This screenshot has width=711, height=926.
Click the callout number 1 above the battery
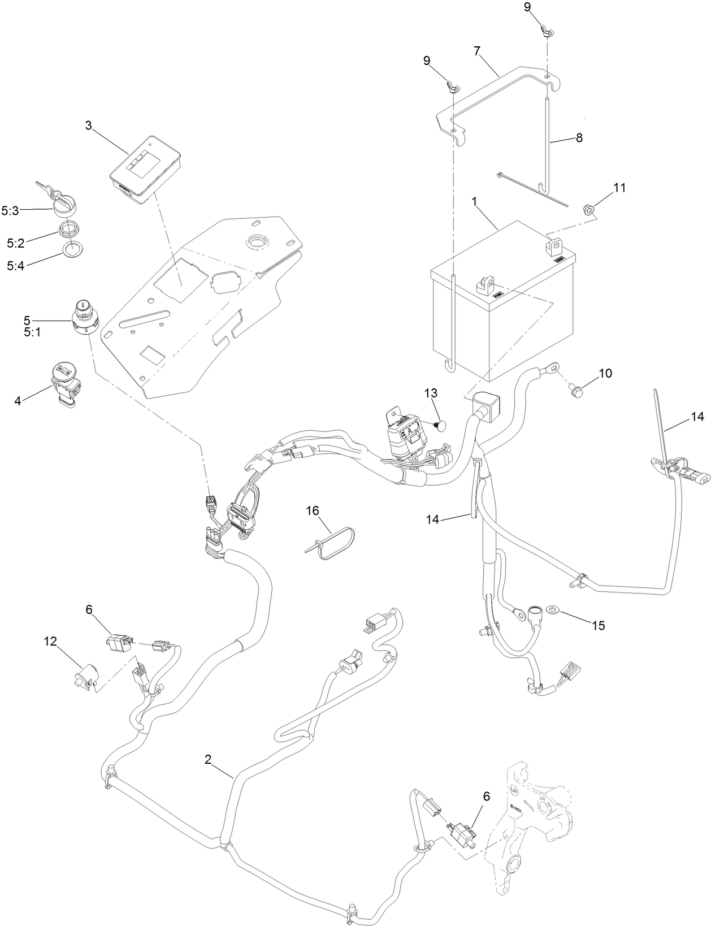pos(475,202)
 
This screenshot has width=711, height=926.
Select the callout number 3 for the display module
pos(89,126)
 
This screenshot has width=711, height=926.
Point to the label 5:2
pos(16,243)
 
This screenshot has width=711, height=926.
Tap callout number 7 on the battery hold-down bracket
pos(478,51)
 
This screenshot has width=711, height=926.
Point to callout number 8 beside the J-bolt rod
pos(579,137)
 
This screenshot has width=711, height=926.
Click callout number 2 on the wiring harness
pos(208,760)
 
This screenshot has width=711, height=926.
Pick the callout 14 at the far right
pos(697,417)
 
